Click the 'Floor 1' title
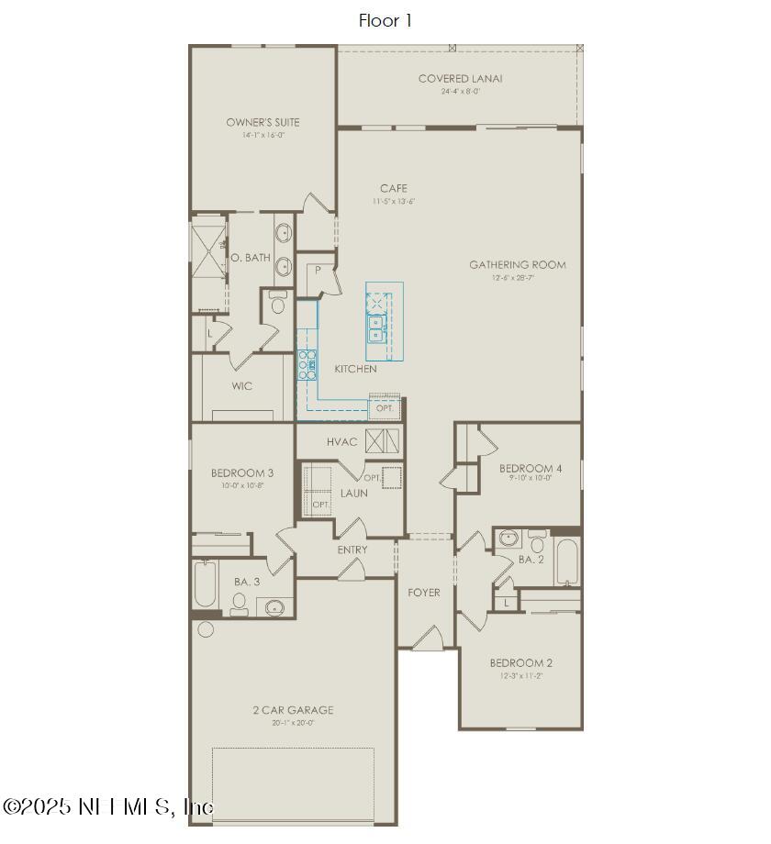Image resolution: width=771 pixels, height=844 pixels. (385, 20)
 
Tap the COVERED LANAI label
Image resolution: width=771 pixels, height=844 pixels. (460, 79)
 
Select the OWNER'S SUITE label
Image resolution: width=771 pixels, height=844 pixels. (263, 122)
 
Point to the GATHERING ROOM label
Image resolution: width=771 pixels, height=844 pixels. (518, 265)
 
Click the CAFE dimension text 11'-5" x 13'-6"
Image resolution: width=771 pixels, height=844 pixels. (394, 201)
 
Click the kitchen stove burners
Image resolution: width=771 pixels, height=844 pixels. (307, 365)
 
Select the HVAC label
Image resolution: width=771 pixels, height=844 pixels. (341, 442)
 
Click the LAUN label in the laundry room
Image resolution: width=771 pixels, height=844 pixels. (353, 494)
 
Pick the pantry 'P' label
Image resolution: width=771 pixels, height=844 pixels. (317, 271)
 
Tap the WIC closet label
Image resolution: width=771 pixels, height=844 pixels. (241, 386)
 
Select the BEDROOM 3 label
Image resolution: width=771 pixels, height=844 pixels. (242, 473)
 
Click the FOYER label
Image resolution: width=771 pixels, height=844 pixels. (423, 593)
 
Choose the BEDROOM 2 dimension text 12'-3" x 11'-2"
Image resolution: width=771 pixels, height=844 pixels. (520, 675)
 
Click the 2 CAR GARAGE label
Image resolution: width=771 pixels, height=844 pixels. (293, 710)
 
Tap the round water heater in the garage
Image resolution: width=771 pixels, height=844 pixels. (206, 629)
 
